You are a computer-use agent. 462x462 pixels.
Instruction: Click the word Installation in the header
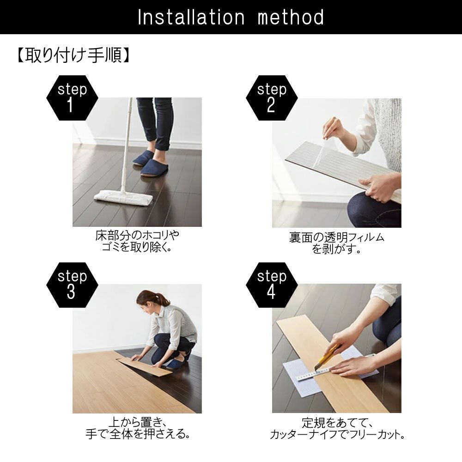191,17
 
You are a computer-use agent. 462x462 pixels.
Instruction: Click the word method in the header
291,17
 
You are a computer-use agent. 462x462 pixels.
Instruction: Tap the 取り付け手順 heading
73,55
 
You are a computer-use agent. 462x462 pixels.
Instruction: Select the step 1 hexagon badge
72,98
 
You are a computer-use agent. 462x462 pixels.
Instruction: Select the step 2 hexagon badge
272,98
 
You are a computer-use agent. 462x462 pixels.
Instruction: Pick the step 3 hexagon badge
72,285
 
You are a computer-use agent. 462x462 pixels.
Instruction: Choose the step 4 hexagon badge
272,285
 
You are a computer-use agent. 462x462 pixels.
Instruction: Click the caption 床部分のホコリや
137,235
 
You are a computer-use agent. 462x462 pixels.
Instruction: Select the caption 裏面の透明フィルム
337,237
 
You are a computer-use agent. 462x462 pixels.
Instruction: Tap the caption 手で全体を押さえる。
138,434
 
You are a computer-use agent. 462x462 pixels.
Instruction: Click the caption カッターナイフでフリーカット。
337,435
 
